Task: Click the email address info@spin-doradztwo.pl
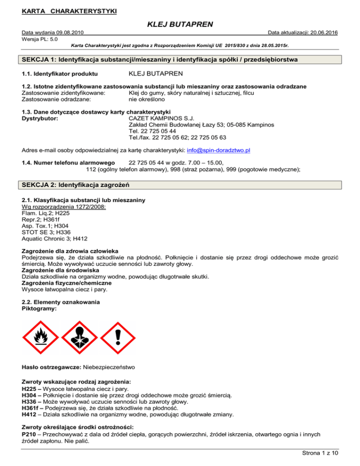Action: pyautogui.click(x=218, y=150)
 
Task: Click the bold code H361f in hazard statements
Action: pyautogui.click(x=32, y=407)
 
